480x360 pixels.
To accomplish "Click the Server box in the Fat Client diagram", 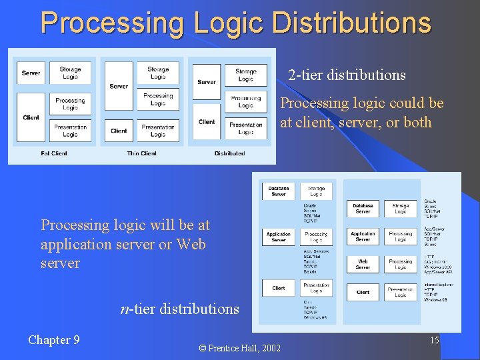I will pyautogui.click(x=31, y=73).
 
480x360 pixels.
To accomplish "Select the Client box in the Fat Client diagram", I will pyautogui.click(x=31, y=117).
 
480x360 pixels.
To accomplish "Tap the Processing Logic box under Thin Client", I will pyautogui.click(x=158, y=99).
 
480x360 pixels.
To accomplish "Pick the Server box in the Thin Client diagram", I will pyautogui.click(x=119, y=86).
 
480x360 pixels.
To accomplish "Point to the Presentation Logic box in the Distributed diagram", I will pyautogui.click(x=246, y=127).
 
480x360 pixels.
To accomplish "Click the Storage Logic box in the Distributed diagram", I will pyautogui.click(x=246, y=75).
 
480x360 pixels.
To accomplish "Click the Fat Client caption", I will pyautogui.click(x=54, y=153).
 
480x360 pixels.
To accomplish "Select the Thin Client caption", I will pyautogui.click(x=141, y=153).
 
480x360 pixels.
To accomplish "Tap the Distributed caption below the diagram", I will pyautogui.click(x=229, y=153).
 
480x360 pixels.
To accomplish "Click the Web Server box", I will pyautogui.click(x=363, y=264).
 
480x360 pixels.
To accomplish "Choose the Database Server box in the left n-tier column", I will pyautogui.click(x=279, y=191).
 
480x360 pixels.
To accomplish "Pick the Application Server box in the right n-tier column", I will pyautogui.click(x=363, y=236).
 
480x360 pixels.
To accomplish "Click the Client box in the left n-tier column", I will pyautogui.click(x=279, y=288).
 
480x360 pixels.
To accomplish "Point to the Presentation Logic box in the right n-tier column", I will pyautogui.click(x=401, y=292).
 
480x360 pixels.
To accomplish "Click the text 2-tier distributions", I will pyautogui.click(x=347, y=75).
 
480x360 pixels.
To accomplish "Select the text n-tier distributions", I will pyautogui.click(x=179, y=309).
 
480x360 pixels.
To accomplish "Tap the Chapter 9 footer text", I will pyautogui.click(x=54, y=340).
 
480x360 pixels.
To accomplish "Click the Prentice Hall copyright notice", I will pyautogui.click(x=240, y=347).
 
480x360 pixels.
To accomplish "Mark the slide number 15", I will pyautogui.click(x=434, y=341).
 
